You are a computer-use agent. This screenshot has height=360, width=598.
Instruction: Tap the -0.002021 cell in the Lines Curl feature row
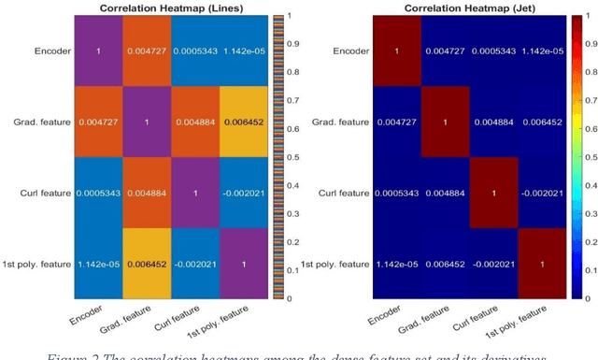[245, 194]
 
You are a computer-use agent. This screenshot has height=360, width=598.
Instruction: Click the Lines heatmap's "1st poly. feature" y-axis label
[37, 265]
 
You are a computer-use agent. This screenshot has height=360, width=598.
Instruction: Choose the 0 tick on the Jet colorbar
[585, 298]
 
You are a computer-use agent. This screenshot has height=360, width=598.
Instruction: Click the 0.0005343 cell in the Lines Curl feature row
[98, 194]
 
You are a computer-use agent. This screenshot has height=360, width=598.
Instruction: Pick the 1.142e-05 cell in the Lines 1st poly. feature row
[98, 265]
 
